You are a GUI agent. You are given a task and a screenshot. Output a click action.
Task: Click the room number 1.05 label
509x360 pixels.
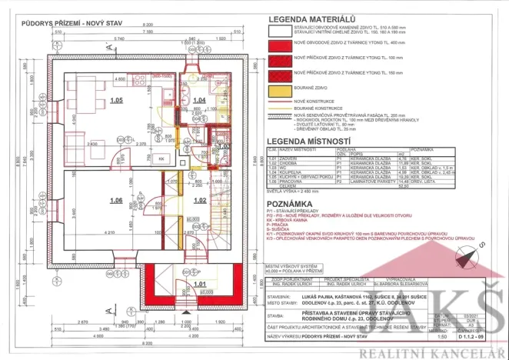point(117,101)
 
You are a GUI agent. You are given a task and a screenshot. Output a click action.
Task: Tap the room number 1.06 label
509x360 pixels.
point(117,201)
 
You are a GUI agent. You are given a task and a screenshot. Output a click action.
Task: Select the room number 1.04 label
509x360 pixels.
point(199,101)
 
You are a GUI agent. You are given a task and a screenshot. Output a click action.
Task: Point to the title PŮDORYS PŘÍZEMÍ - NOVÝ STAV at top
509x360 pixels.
point(47,6)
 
